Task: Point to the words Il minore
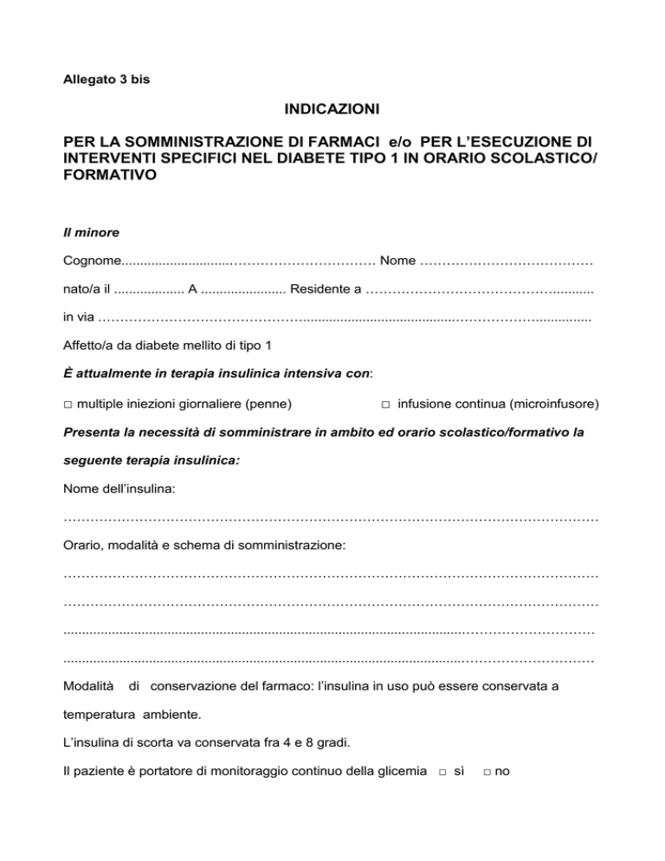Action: coord(91,232)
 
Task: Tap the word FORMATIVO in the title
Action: coord(110,174)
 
